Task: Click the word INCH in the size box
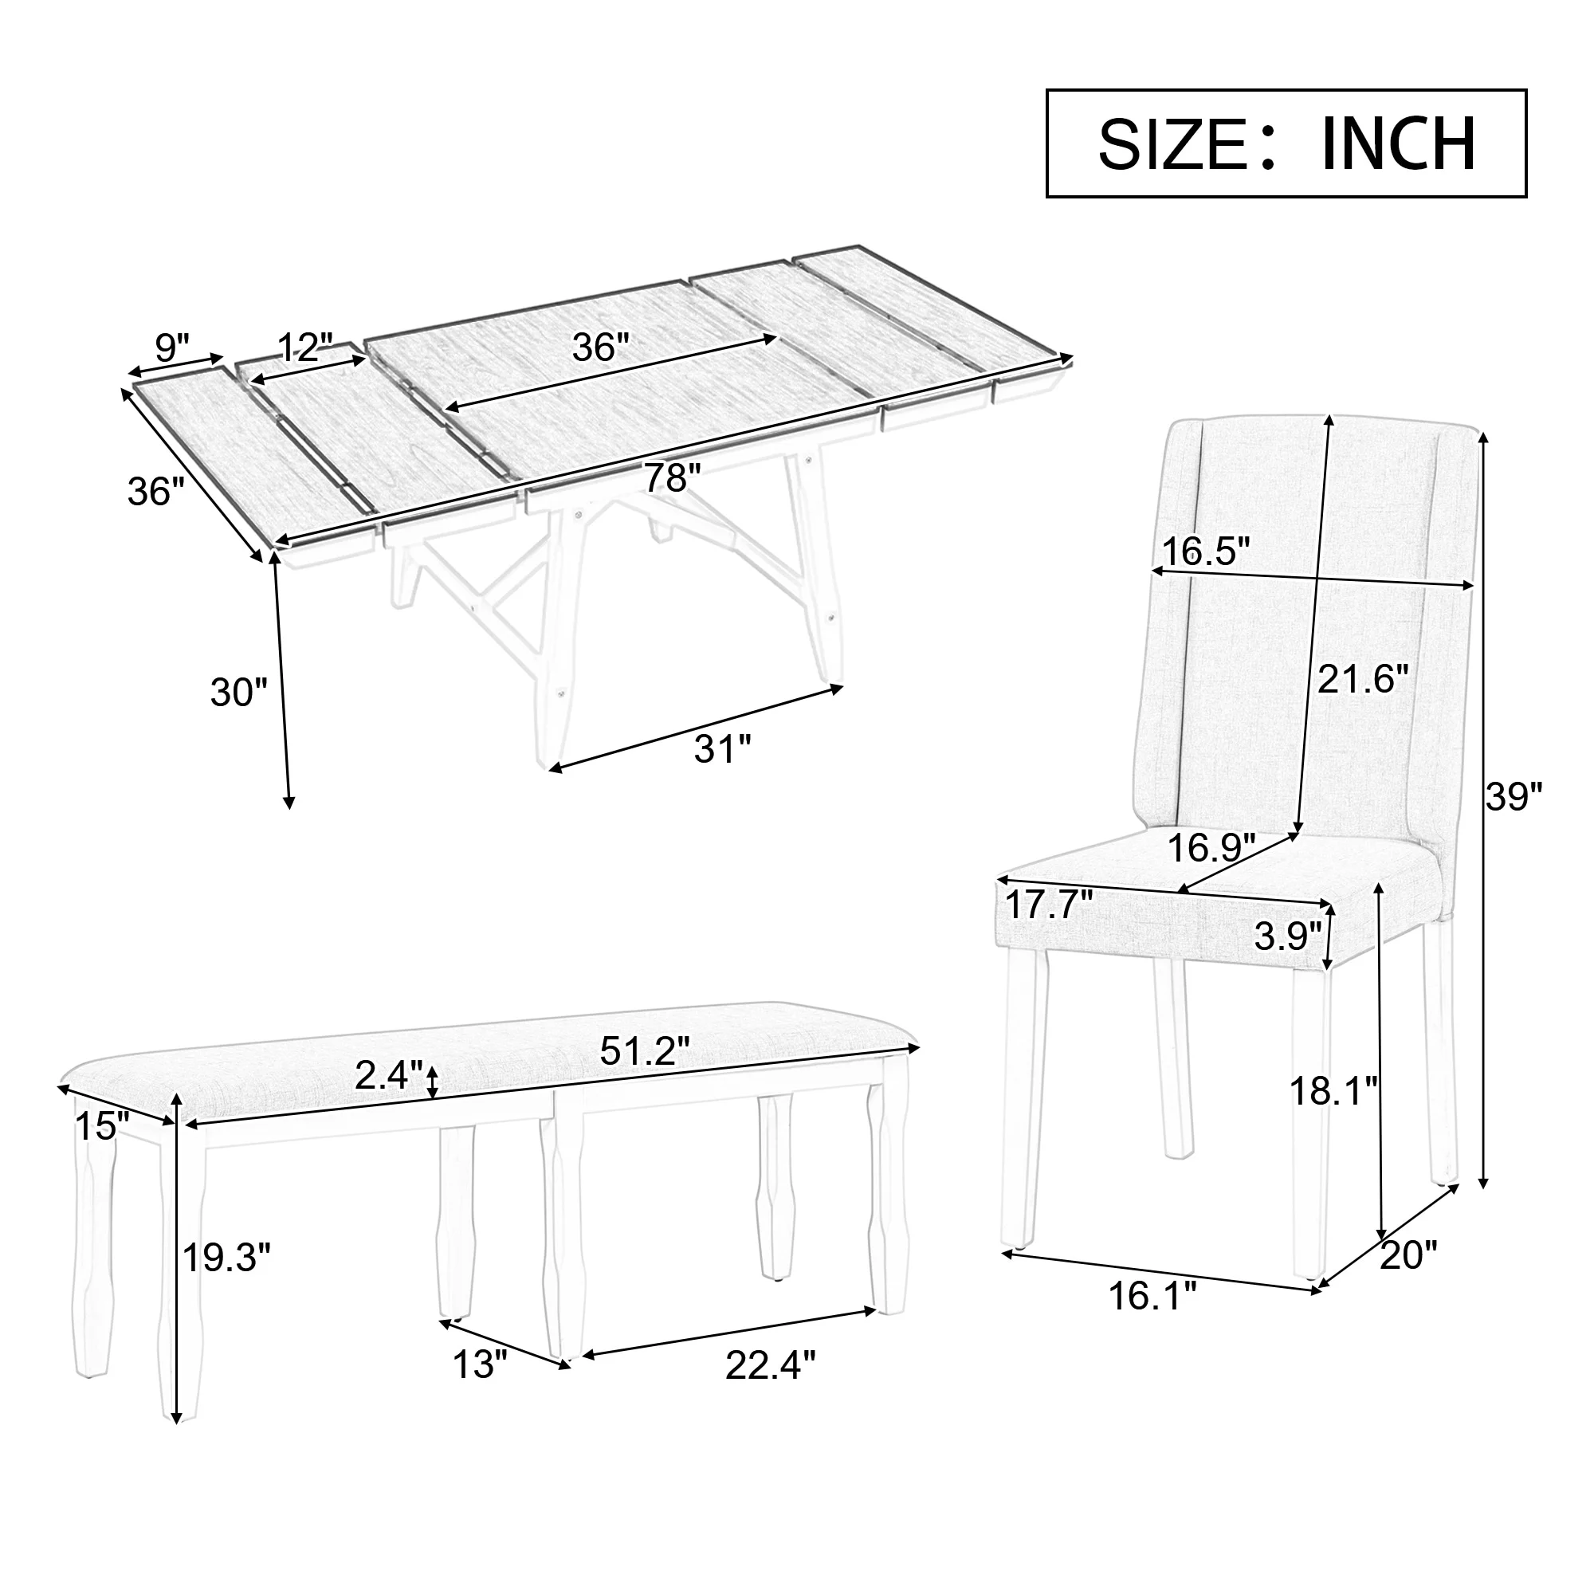1398,144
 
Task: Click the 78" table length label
672,477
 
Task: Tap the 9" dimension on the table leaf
171,347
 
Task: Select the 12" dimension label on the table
304,347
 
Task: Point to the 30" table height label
239,691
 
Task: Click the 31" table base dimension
723,749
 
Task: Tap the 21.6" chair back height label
1362,679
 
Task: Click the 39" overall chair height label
1514,797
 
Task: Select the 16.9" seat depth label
1211,847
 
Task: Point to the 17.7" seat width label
1049,905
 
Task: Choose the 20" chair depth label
1408,1255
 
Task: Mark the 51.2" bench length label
644,1051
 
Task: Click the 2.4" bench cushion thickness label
389,1075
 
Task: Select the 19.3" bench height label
226,1258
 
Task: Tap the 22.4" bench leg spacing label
770,1364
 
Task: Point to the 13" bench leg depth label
479,1364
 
